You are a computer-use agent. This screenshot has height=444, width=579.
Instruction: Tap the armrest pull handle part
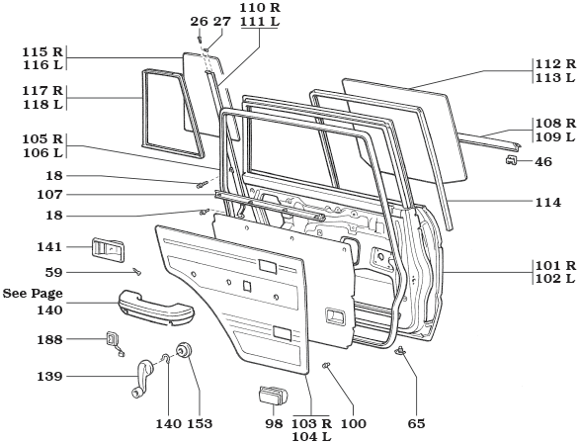pyautogui.click(x=155, y=303)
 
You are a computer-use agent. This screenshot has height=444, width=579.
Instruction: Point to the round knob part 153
pyautogui.click(x=183, y=351)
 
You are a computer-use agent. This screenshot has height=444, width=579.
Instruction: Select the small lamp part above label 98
pyautogui.click(x=271, y=397)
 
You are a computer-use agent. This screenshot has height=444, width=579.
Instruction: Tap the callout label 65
pyautogui.click(x=417, y=423)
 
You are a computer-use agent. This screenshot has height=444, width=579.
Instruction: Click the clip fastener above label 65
pyautogui.click(x=401, y=352)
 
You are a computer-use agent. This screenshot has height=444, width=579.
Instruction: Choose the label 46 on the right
pyautogui.click(x=543, y=161)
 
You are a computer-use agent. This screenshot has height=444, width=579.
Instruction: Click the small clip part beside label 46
pyautogui.click(x=513, y=160)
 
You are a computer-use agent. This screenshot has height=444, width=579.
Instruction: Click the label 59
pyautogui.click(x=53, y=271)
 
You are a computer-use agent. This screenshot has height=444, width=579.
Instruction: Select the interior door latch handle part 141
pyautogui.click(x=107, y=251)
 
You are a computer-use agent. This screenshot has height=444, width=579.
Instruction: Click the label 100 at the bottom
pyautogui.click(x=353, y=423)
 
